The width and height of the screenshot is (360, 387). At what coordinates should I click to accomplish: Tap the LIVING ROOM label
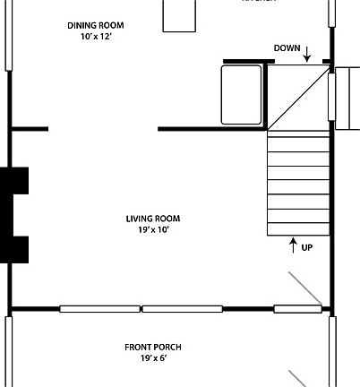pyautogui.click(x=148, y=218)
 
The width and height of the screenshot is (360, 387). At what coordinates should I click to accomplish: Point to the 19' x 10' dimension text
pyautogui.click(x=148, y=230)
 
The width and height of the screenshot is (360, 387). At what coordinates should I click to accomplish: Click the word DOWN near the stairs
pyautogui.click(x=287, y=48)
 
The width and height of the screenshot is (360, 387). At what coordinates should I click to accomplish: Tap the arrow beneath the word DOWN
pyautogui.click(x=307, y=56)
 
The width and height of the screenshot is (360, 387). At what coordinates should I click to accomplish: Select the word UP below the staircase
pyautogui.click(x=307, y=247)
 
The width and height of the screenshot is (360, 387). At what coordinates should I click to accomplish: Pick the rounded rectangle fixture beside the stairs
pyautogui.click(x=242, y=94)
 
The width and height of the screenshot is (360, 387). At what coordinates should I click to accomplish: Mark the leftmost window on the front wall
pyautogui.click(x=99, y=309)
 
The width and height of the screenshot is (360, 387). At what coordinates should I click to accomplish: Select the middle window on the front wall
pyautogui.click(x=182, y=309)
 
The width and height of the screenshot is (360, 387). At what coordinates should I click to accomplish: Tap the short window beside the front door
pyautogui.click(x=297, y=309)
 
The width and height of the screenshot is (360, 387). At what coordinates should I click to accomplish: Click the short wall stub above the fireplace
pyautogui.click(x=30, y=129)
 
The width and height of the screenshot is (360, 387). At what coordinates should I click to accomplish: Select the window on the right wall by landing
pyautogui.click(x=340, y=96)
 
